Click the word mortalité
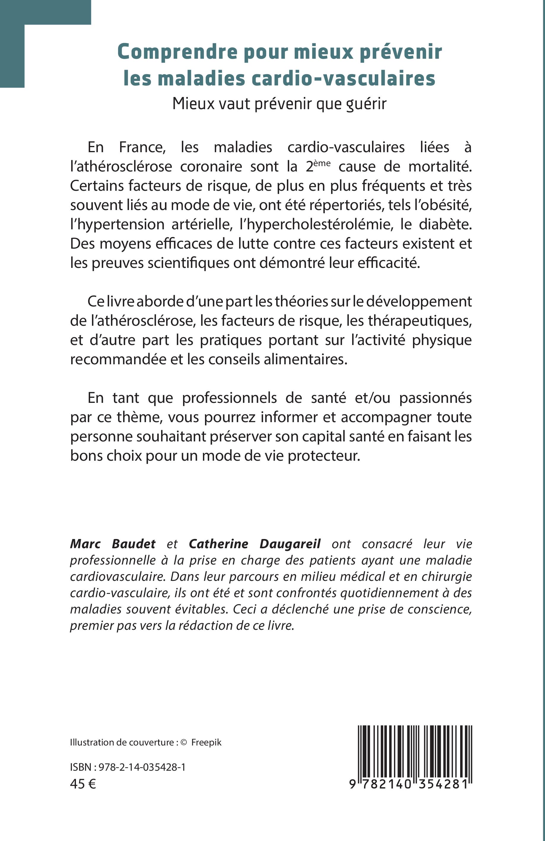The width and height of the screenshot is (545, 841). [x=440, y=166]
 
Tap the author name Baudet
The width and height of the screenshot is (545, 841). [x=134, y=544]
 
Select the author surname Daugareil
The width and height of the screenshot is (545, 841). [x=290, y=544]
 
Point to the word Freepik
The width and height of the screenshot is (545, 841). [x=206, y=743]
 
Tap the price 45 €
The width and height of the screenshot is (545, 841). [x=83, y=784]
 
